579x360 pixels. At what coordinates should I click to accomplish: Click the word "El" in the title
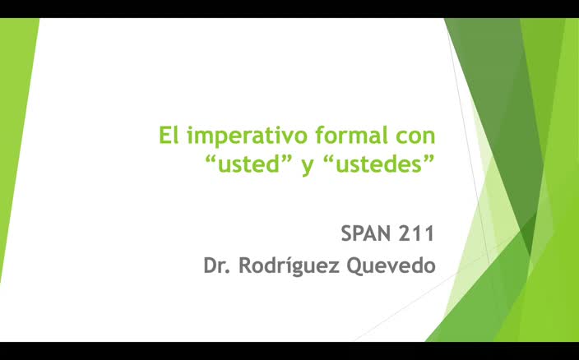pyautogui.click(x=169, y=135)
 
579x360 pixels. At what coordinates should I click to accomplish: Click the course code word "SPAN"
pyautogui.click(x=369, y=233)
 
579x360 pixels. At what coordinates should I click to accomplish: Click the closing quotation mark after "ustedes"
pyautogui.click(x=428, y=158)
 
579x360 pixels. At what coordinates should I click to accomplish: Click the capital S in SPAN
pyautogui.click(x=347, y=233)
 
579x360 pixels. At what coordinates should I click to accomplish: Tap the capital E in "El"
pyautogui.click(x=165, y=135)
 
